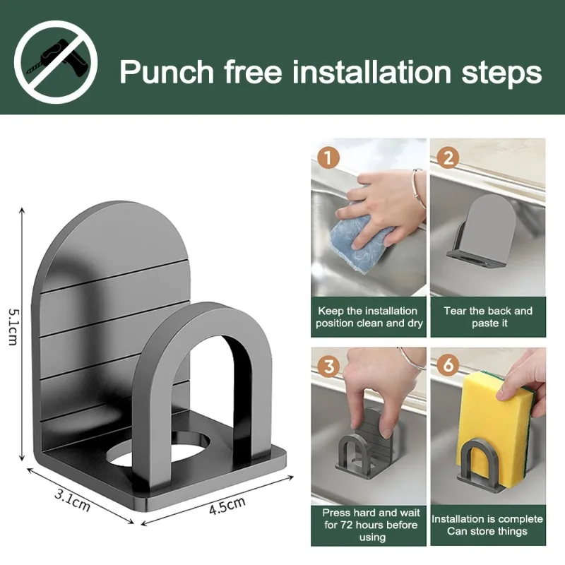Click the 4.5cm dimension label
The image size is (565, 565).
tap(227, 509)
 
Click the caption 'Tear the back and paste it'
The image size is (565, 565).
tap(488, 317)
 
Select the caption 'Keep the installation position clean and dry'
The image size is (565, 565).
tap(369, 317)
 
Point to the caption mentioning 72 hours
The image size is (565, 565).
tap(369, 525)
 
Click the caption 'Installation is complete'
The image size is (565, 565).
tap(488, 519)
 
